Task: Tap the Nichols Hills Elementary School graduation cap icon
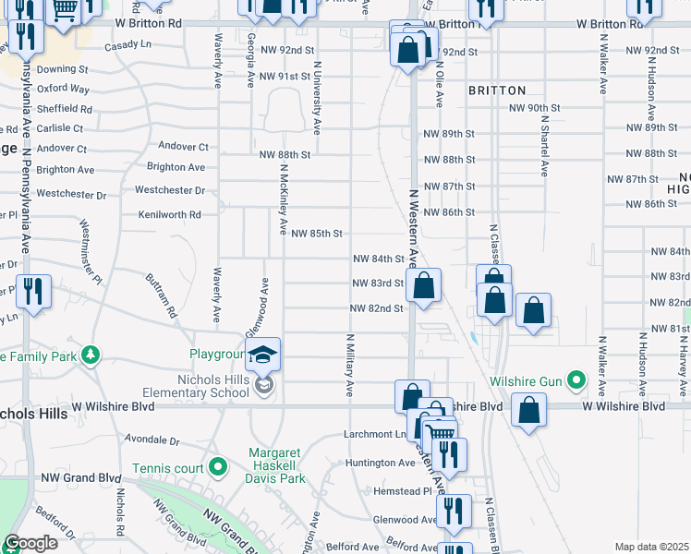[263, 354]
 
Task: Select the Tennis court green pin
[218, 468]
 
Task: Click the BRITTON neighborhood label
[497, 90]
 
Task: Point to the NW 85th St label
[317, 234]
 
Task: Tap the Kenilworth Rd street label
[169, 214]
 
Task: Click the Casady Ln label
[127, 45]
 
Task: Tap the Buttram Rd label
[159, 295]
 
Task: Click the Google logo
[31, 543]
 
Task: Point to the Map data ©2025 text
[651, 547]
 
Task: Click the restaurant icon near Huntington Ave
[449, 453]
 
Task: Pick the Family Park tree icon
[91, 355]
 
